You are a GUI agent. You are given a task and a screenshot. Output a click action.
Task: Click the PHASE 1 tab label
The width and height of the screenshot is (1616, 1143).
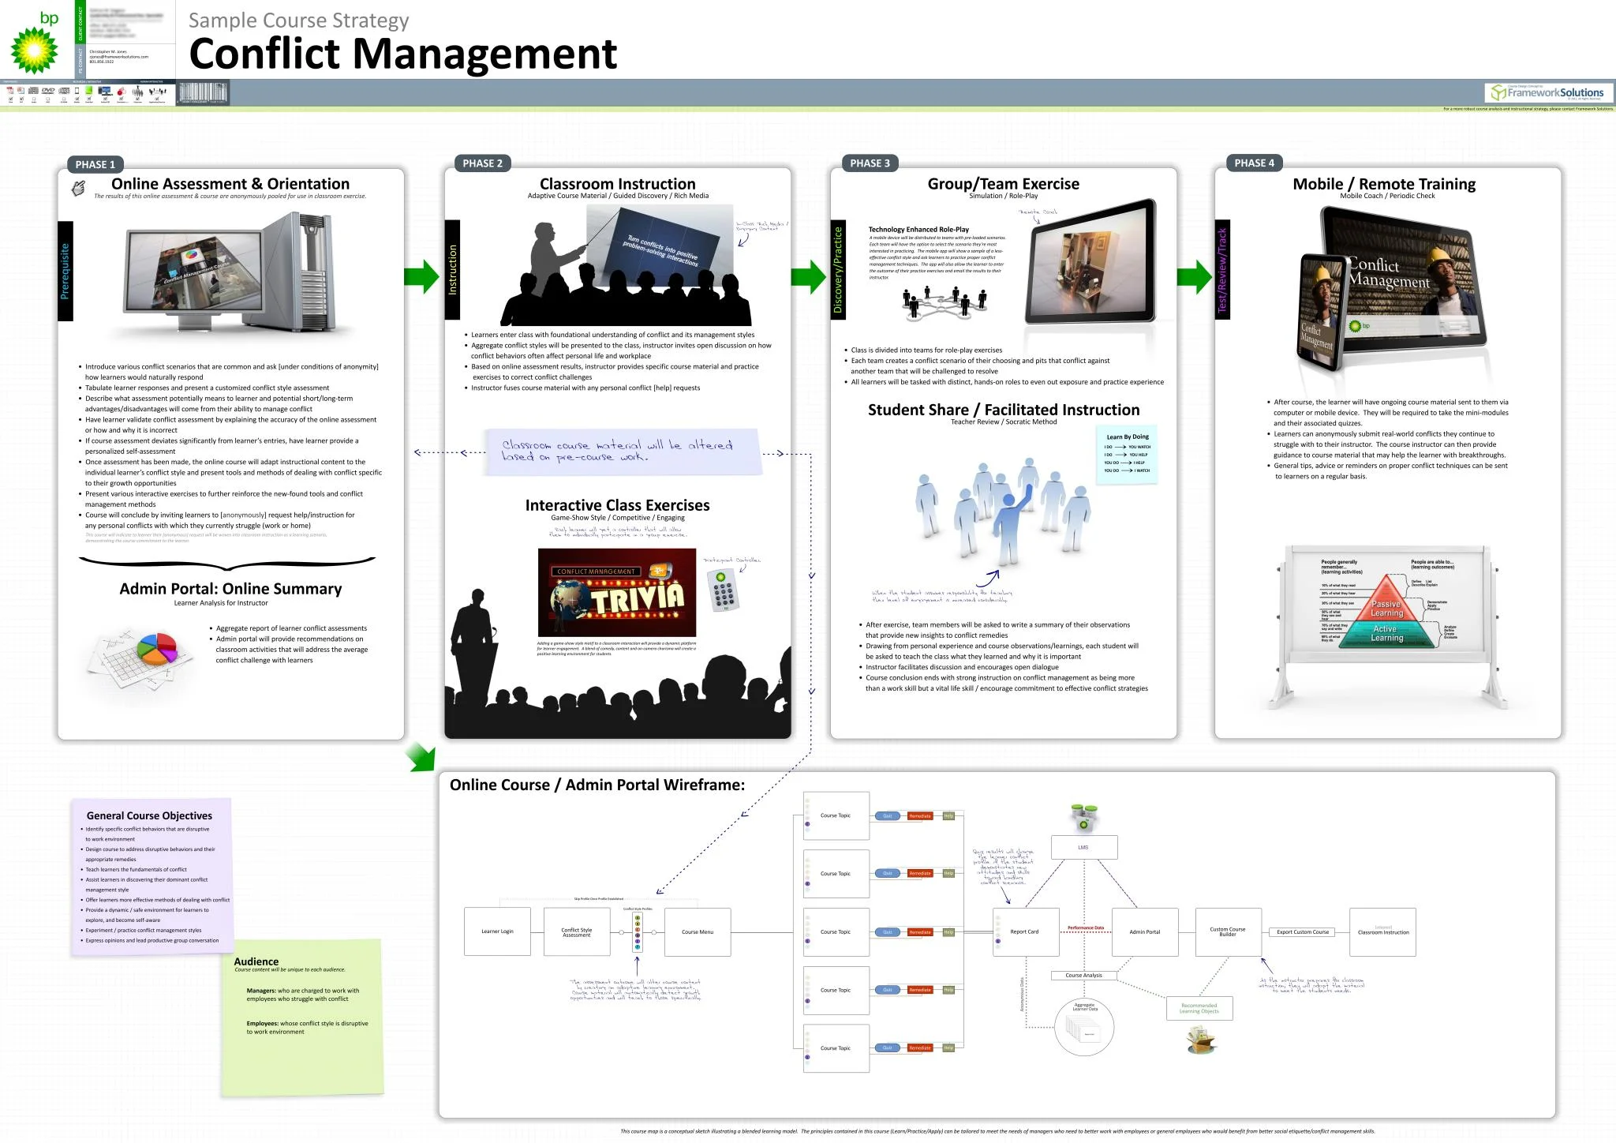pyautogui.click(x=95, y=164)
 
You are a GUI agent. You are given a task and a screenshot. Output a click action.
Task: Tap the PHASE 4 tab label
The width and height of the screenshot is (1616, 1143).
pyautogui.click(x=1255, y=163)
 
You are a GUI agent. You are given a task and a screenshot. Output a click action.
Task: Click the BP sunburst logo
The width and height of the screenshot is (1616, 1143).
pyautogui.click(x=34, y=49)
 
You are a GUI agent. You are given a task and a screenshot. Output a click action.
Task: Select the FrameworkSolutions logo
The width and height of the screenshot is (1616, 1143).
pyautogui.click(x=1547, y=93)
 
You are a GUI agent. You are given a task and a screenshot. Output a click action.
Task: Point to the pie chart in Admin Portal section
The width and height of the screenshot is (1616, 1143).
pyautogui.click(x=157, y=649)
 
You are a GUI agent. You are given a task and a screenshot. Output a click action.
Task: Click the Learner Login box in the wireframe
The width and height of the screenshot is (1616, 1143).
pyautogui.click(x=497, y=931)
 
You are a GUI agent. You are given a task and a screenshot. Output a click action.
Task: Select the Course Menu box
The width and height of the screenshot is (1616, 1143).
pyautogui.click(x=698, y=931)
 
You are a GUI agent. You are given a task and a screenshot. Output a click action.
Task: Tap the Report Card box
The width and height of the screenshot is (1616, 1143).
pyautogui.click(x=1025, y=931)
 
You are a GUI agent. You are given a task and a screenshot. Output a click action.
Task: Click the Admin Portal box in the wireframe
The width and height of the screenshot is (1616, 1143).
pyautogui.click(x=1144, y=931)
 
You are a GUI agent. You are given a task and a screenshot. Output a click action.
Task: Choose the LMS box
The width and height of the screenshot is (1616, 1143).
pyautogui.click(x=1083, y=847)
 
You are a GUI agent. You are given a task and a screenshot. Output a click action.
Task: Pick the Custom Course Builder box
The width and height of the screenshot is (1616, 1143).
pyautogui.click(x=1228, y=931)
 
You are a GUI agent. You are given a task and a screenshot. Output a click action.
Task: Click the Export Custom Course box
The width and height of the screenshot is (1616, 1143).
pyautogui.click(x=1303, y=931)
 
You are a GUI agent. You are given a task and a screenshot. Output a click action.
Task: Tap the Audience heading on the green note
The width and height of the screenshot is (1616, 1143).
pyautogui.click(x=256, y=961)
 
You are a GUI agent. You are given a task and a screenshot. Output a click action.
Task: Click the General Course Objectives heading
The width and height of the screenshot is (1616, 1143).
pyautogui.click(x=149, y=815)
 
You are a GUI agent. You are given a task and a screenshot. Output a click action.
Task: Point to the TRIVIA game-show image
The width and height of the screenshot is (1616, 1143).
pyautogui.click(x=617, y=592)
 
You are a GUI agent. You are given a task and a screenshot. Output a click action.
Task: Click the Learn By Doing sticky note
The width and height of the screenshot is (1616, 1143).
pyautogui.click(x=1127, y=454)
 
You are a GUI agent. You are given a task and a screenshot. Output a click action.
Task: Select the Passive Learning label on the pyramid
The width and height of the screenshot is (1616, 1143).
pyautogui.click(x=1386, y=609)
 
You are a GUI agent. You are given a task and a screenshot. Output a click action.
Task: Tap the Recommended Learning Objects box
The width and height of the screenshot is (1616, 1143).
pyautogui.click(x=1199, y=1008)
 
